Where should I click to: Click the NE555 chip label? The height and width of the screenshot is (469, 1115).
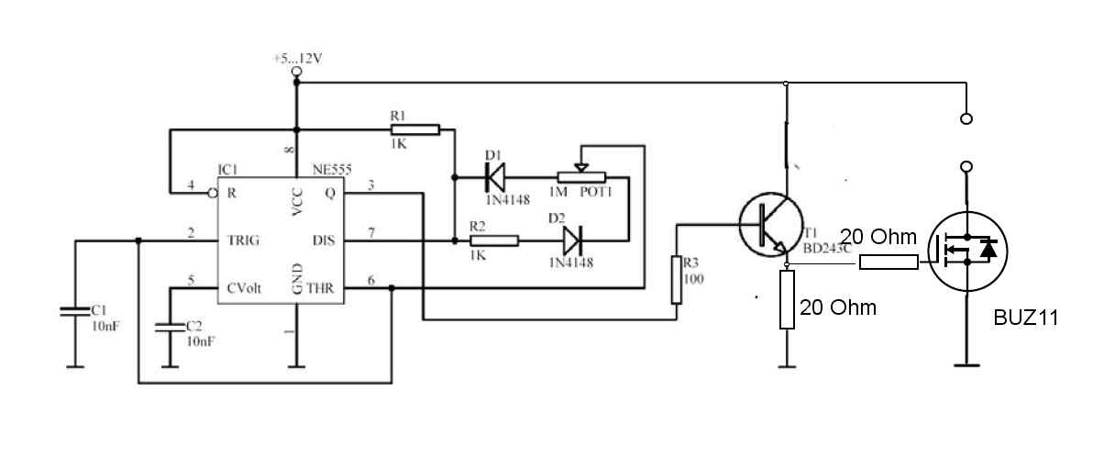click(x=332, y=170)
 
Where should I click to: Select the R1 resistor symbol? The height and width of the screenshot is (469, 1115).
click(x=415, y=130)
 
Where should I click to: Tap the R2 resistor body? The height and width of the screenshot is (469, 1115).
click(x=494, y=241)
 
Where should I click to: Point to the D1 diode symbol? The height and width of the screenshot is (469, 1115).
click(x=495, y=177)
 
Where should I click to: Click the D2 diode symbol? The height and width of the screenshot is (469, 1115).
click(x=572, y=240)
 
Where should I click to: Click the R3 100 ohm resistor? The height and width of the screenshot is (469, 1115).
click(x=677, y=280)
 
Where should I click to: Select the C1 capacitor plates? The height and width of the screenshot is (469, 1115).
click(x=75, y=311)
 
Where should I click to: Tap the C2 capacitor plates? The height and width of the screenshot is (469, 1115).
click(x=170, y=328)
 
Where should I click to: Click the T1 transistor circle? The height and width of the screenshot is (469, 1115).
click(x=771, y=225)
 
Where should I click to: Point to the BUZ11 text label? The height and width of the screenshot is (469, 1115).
click(x=1026, y=318)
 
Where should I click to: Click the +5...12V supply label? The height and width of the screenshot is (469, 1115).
click(x=298, y=59)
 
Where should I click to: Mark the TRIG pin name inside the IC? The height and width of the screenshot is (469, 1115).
click(x=243, y=240)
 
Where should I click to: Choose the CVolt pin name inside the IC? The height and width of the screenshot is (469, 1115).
click(x=244, y=288)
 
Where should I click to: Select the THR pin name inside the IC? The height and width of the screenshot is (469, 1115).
click(x=320, y=288)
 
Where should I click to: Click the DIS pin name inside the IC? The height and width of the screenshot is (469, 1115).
click(x=324, y=240)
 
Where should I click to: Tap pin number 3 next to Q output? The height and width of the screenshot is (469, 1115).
click(x=370, y=185)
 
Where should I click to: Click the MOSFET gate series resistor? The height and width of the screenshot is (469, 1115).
click(x=889, y=262)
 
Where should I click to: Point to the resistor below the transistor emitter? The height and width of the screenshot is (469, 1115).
click(x=787, y=299)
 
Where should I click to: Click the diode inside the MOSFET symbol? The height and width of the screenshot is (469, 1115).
click(x=988, y=250)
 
